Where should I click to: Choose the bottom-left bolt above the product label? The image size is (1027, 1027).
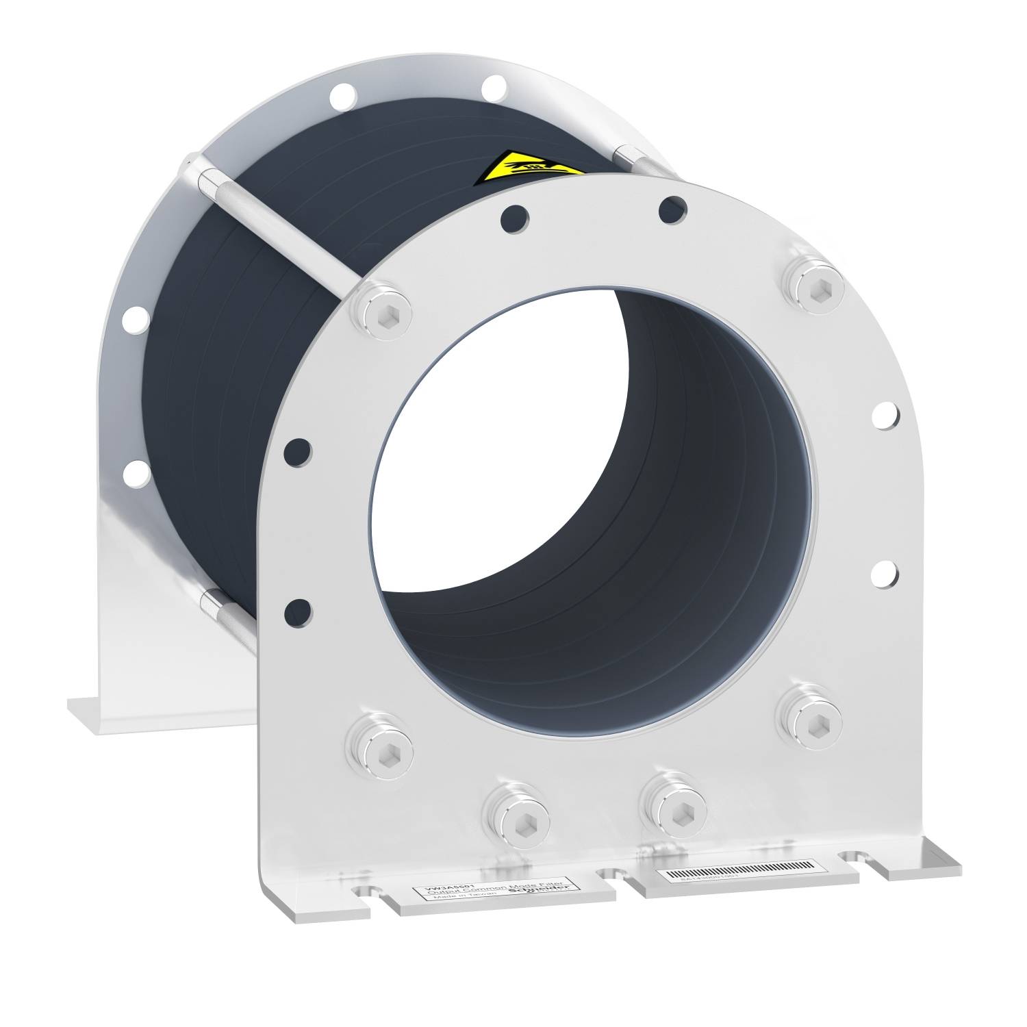515,811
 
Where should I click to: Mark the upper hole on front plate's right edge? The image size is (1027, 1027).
886,413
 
